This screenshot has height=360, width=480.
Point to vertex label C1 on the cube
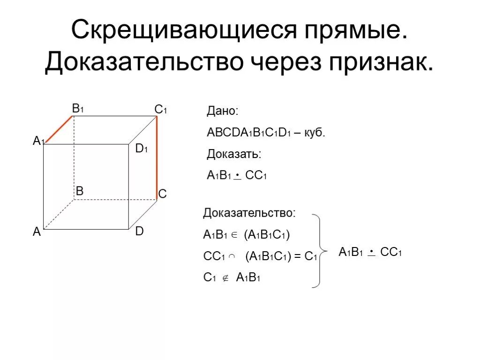pyautogui.click(x=161, y=110)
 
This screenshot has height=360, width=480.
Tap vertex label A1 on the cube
pyautogui.click(x=38, y=140)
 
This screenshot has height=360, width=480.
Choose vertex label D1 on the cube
pyautogui.click(x=142, y=150)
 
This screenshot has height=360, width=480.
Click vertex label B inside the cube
pyautogui.click(x=79, y=191)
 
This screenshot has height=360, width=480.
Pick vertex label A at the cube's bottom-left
pyautogui.click(x=37, y=232)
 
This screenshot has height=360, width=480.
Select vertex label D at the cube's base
pyautogui.click(x=140, y=231)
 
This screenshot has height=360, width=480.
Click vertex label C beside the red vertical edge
pyautogui.click(x=163, y=193)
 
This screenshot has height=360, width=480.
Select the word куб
pyautogui.click(x=314, y=133)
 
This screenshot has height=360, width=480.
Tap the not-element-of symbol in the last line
pyautogui.click(x=225, y=278)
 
